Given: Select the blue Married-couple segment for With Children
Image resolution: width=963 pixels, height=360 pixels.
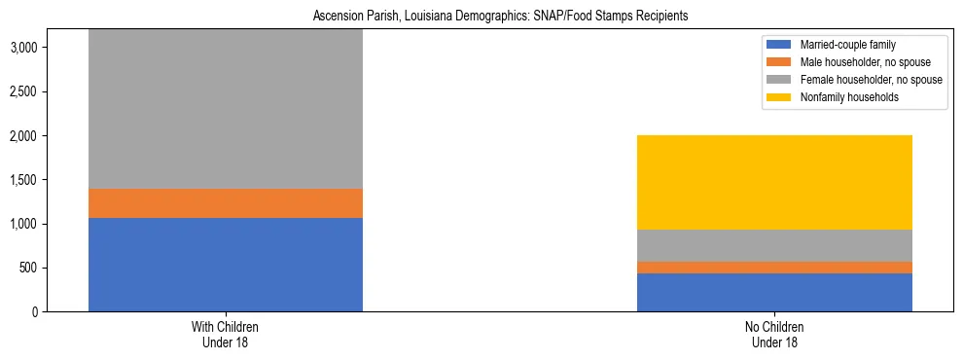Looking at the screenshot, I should click(226, 265).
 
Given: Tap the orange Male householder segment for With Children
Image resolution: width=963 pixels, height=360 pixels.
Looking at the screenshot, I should click(226, 203).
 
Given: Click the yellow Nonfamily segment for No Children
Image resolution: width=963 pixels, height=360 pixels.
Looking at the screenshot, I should click(774, 182).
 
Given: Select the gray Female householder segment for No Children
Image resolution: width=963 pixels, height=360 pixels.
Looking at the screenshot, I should click(774, 245).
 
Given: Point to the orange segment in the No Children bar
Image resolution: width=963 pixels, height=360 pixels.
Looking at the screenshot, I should click(774, 268).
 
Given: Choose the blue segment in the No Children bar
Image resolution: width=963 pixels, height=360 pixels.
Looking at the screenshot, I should click(774, 292).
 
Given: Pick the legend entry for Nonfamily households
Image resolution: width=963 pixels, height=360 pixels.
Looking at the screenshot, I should click(842, 97).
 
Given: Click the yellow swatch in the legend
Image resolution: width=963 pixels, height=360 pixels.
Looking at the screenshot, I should click(779, 97).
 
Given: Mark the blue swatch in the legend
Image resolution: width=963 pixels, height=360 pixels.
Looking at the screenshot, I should click(779, 45).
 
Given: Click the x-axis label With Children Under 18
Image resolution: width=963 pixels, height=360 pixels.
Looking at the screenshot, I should click(226, 335).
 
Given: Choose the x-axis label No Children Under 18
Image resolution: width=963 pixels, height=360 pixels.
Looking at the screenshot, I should click(774, 335).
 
